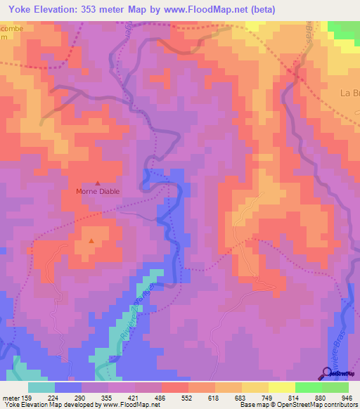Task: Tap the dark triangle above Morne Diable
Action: point(98,183)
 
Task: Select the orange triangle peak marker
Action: point(91,242)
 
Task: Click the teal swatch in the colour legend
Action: point(41,387)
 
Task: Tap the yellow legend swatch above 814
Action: point(281,387)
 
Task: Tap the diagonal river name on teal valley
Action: point(137,309)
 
